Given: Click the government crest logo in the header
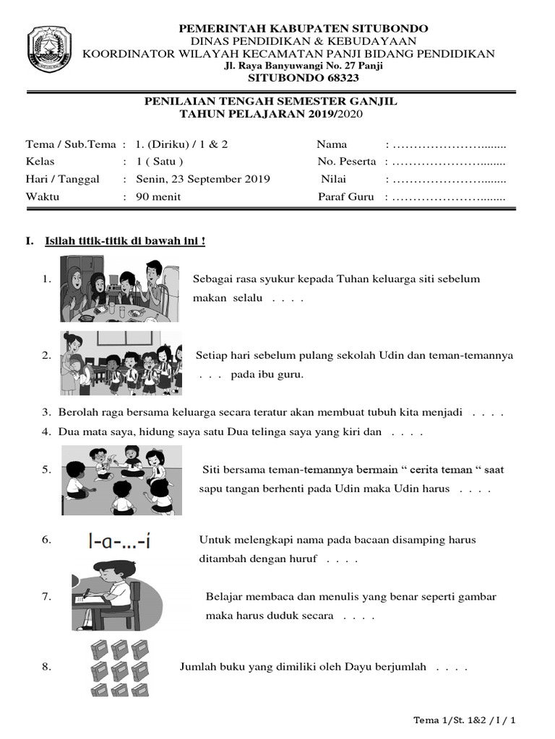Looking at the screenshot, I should pyautogui.click(x=50, y=49).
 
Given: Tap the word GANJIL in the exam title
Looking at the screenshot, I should pyautogui.click(x=372, y=102).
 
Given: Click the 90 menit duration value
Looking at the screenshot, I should pyautogui.click(x=158, y=196).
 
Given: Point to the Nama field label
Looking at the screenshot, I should pyautogui.click(x=332, y=144).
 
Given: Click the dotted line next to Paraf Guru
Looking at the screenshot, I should pyautogui.click(x=449, y=196).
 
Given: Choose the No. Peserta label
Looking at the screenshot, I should pyautogui.click(x=347, y=162).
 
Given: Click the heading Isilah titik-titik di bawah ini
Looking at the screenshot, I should pyautogui.click(x=125, y=240).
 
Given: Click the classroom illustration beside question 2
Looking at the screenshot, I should pyautogui.click(x=121, y=363).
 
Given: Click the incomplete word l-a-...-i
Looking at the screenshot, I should pyautogui.click(x=119, y=541).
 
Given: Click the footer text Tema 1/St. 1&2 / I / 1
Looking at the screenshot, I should pyautogui.click(x=468, y=720).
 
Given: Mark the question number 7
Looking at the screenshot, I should pyautogui.click(x=46, y=596).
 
